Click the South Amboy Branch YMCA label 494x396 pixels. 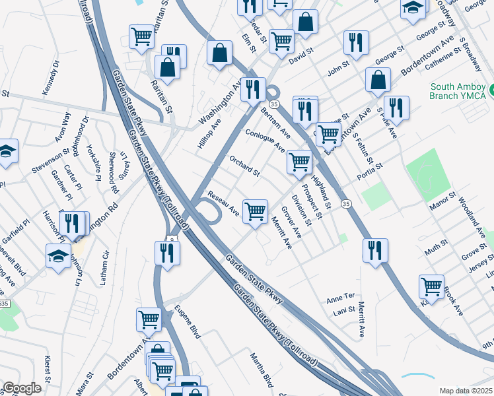pos(458,91)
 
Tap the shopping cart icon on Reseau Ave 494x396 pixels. pos(255,211)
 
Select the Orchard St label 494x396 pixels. pos(244,166)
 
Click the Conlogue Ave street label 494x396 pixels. pos(265,139)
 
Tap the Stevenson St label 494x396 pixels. pos(50,161)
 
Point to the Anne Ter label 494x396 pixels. pos(341,300)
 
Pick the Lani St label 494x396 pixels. pos(345,310)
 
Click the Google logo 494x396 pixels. pos(22,388)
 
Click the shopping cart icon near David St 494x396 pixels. pos(281,40)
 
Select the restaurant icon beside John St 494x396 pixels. pos(356,42)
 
